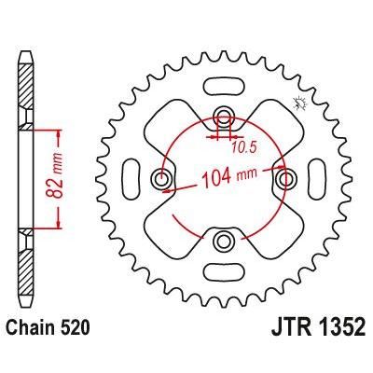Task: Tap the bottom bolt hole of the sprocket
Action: [224, 242]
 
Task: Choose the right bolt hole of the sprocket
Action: [286, 179]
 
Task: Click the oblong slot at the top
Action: [224, 85]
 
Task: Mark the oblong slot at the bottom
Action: [224, 273]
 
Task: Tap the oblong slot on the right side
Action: [318, 179]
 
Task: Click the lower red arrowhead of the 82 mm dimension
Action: [59, 225]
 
